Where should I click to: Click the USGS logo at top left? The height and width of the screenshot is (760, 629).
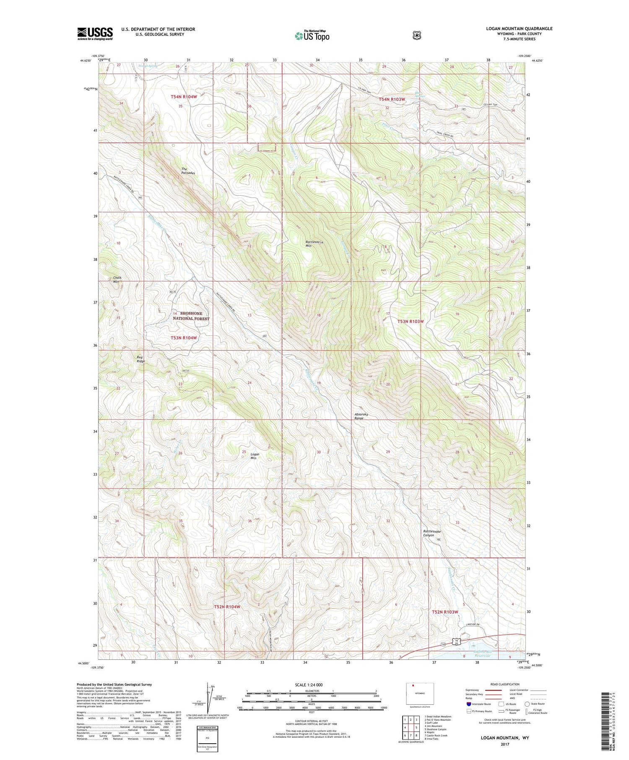(x=95, y=34)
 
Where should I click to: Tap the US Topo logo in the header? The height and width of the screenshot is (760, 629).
(x=312, y=36)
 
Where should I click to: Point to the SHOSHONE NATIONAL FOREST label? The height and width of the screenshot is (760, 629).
(x=191, y=316)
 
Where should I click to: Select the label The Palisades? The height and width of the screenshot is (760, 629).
(x=188, y=171)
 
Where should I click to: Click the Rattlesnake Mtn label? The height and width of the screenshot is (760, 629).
(x=314, y=244)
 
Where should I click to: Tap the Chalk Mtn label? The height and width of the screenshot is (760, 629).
(x=117, y=280)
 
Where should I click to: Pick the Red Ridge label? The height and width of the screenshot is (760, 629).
(x=140, y=359)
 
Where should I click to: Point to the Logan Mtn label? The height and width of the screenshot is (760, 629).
(x=255, y=456)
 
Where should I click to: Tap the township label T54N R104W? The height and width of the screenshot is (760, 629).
(x=184, y=97)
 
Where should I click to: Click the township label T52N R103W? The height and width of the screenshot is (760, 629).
(x=445, y=612)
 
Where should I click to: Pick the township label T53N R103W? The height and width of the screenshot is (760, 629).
(x=411, y=322)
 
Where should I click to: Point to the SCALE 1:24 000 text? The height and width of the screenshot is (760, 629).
(x=309, y=685)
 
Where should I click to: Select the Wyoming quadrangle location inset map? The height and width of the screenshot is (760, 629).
(x=420, y=693)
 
